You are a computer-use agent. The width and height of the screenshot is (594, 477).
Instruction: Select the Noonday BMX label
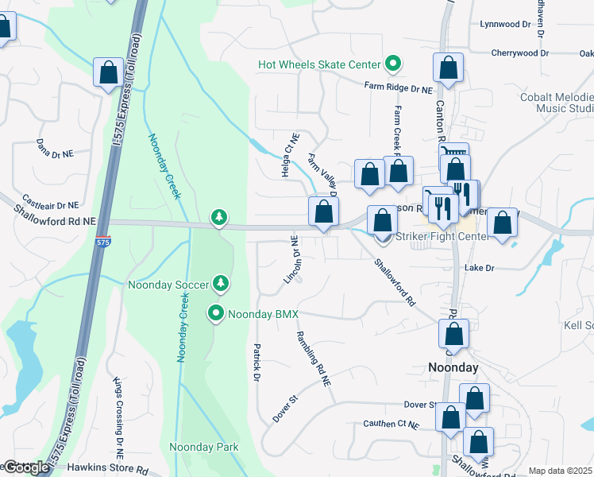pos(263,314)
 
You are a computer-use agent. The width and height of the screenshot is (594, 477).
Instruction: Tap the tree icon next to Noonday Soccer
pos(221,284)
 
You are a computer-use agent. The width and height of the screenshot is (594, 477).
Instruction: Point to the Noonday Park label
pos(204,448)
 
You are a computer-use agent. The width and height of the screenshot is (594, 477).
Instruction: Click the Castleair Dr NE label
pos(51,202)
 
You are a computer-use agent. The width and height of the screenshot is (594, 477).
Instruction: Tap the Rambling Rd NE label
pos(313,359)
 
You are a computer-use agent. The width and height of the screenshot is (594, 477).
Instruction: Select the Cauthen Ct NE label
pos(390,425)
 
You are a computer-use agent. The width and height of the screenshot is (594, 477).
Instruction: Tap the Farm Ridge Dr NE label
pos(399,89)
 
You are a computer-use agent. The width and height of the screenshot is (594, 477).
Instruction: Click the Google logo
pos(25,467)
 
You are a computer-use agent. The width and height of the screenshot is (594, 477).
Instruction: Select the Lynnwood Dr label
pos(504,25)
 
